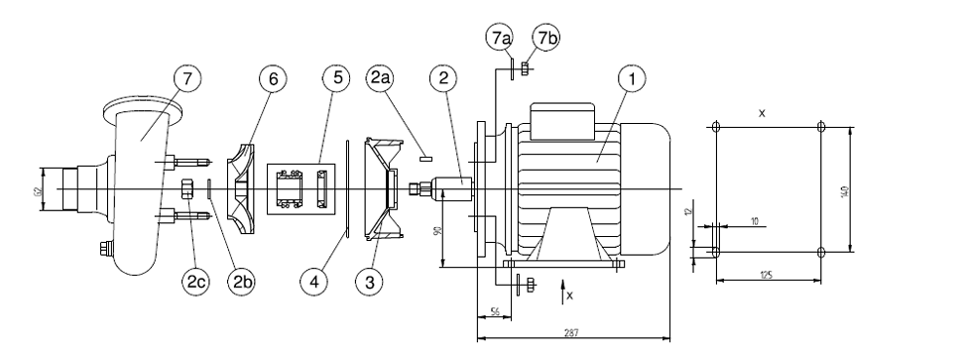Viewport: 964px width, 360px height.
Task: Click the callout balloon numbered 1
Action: pyautogui.click(x=632, y=78)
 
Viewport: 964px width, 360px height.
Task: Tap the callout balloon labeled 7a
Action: pyautogui.click(x=500, y=38)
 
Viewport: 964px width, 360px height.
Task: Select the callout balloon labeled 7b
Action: pyautogui.click(x=545, y=38)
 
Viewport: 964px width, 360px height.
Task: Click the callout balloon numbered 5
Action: pyautogui.click(x=336, y=78)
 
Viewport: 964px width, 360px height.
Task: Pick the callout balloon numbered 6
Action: pyautogui.click(x=273, y=78)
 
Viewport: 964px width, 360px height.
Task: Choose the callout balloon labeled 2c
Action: pyautogui.click(x=195, y=282)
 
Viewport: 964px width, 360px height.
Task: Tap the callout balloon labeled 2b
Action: pyautogui.click(x=241, y=282)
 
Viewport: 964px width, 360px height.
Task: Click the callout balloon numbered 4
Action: pyautogui.click(x=314, y=282)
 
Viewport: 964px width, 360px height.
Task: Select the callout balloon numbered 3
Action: pyautogui.click(x=370, y=282)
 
